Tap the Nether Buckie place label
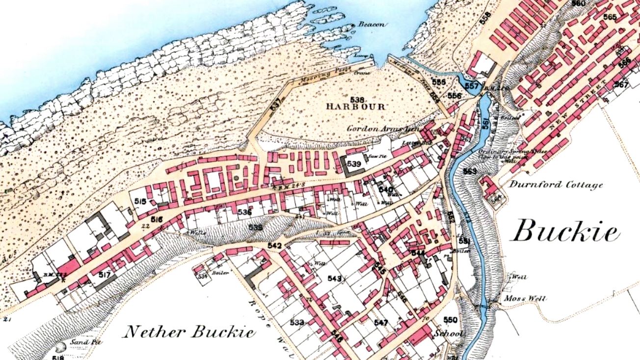point(188,332)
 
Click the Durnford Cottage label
point(556,185)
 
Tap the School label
point(448,333)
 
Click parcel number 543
point(334,279)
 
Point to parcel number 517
point(104,274)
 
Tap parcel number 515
point(140,201)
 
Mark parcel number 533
point(296,322)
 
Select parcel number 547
point(381,323)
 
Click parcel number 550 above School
point(450,320)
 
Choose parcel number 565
point(610,17)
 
